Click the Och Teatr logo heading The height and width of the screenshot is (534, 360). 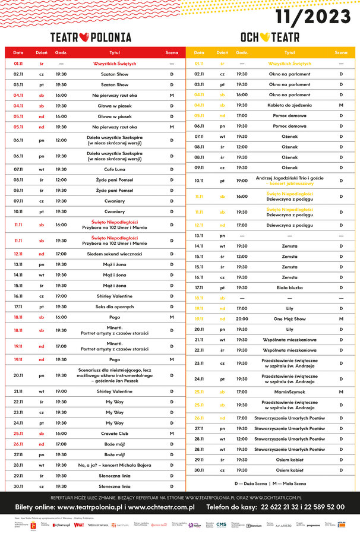pyautogui.click(x=270, y=37)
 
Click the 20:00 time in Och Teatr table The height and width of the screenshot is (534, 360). pyautogui.click(x=242, y=319)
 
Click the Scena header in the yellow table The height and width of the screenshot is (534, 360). pyautogui.click(x=341, y=53)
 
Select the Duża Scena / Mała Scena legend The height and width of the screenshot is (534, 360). pyautogui.click(x=273, y=484)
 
